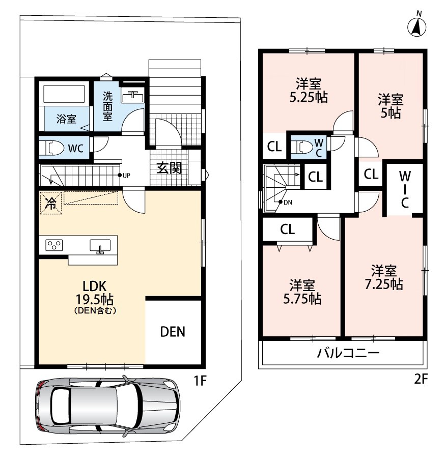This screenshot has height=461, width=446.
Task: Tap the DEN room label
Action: click(173, 332)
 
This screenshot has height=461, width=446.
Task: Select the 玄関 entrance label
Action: click(169, 168)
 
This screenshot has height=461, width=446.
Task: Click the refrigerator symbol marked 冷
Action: click(51, 203)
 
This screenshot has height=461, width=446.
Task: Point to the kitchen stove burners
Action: click(54, 245)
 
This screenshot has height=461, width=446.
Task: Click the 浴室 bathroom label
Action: click(66, 119)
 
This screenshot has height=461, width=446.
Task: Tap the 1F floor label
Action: click(200, 381)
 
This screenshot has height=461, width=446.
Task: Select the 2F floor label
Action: click(421, 379)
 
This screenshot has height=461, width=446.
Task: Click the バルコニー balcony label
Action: click(348, 353)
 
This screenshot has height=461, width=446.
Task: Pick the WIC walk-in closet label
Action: click(405, 190)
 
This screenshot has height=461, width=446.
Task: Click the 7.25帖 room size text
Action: click(384, 284)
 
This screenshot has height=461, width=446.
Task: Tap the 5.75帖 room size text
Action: click(302, 299)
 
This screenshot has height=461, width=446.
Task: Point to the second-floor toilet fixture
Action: click(301, 147)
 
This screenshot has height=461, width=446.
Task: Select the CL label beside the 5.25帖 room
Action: click(274, 147)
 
